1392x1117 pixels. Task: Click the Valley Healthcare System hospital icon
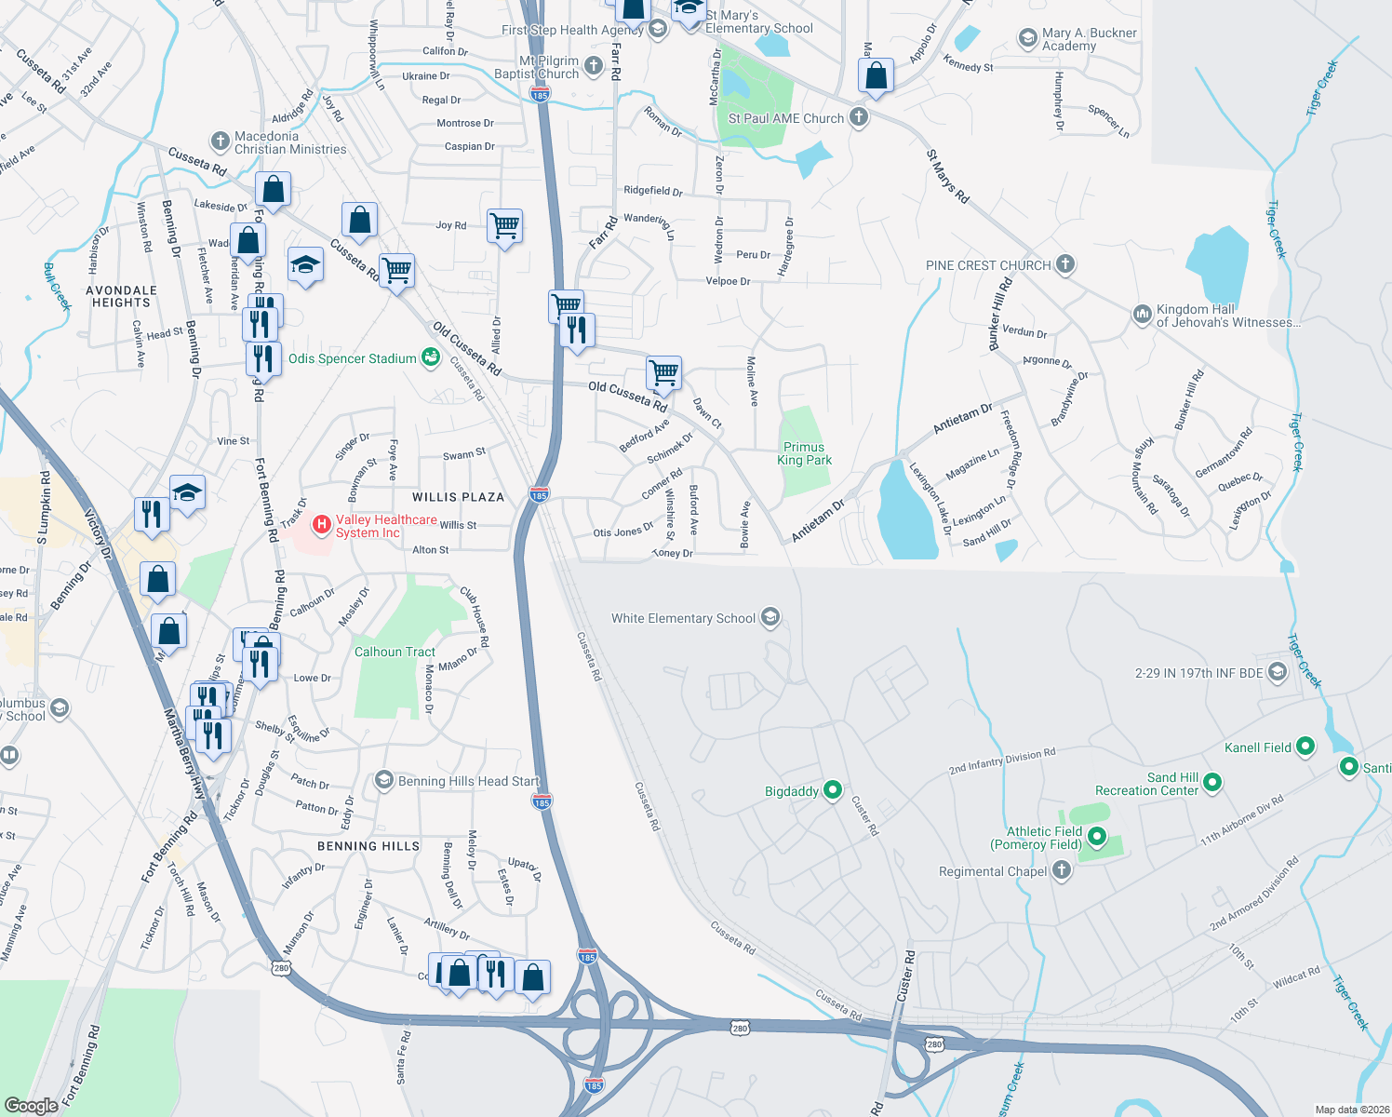click(322, 525)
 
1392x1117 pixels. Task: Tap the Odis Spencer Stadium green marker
click(430, 357)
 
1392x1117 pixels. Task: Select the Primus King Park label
click(804, 453)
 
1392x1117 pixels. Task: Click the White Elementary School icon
click(770, 617)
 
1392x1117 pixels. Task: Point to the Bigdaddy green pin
click(833, 790)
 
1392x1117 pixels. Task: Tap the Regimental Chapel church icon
click(1062, 870)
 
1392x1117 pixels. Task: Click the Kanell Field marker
click(1305, 746)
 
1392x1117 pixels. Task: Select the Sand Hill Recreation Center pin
click(1212, 783)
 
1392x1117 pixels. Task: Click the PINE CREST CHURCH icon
click(1065, 264)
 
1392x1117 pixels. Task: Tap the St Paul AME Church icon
click(859, 117)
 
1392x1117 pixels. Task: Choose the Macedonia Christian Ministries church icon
click(220, 141)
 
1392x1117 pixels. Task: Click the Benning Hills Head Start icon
click(384, 780)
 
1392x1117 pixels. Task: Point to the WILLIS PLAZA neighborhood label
click(458, 497)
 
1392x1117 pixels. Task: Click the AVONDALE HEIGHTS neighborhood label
click(121, 296)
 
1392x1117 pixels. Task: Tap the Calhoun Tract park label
click(395, 652)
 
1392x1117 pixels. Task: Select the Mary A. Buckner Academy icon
click(1028, 38)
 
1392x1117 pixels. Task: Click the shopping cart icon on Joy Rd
click(504, 224)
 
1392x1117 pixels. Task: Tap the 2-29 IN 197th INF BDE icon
click(1278, 671)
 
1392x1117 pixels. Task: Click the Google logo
click(31, 1105)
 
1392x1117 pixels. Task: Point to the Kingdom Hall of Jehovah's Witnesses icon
click(1142, 315)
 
